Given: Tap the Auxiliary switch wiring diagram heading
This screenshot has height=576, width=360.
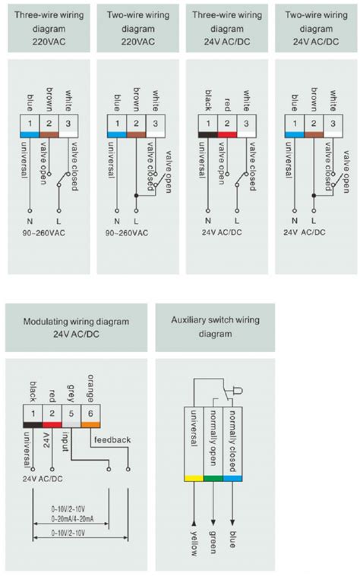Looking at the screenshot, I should pyautogui.click(x=214, y=327).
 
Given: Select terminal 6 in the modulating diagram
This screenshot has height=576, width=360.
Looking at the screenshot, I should pyautogui.click(x=92, y=413).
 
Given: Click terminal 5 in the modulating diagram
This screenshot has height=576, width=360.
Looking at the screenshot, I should pyautogui.click(x=71, y=413).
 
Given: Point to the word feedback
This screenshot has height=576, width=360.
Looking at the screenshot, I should pyautogui.click(x=112, y=439).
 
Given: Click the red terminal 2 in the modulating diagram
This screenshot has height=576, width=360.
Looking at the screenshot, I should pyautogui.click(x=51, y=413).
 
